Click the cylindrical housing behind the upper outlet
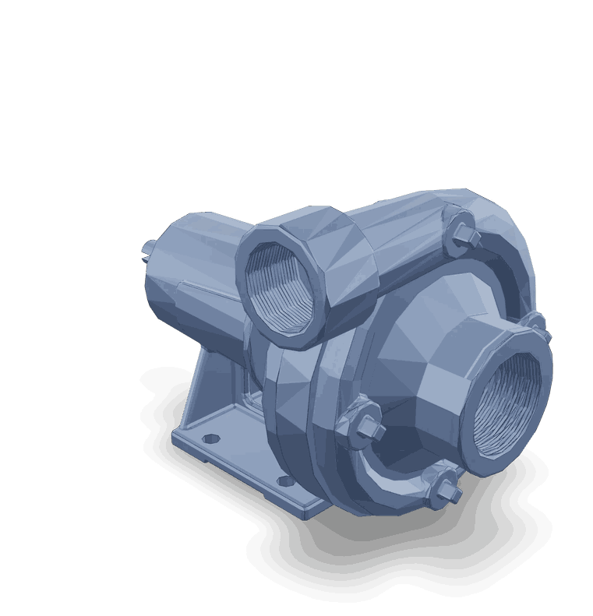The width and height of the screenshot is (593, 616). pyautogui.click(x=195, y=265)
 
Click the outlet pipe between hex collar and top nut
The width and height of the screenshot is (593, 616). pyautogui.click(x=405, y=249)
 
